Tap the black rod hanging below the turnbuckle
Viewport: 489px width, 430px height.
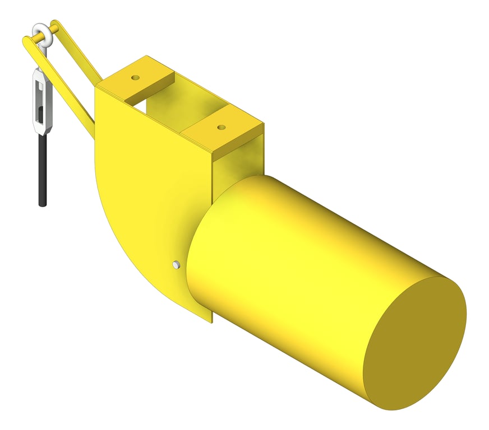42,168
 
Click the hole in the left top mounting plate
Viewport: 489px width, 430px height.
135,77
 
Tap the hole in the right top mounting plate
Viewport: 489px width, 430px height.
221,128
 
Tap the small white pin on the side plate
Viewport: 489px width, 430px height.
176,264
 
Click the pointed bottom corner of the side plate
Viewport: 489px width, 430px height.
211,321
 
